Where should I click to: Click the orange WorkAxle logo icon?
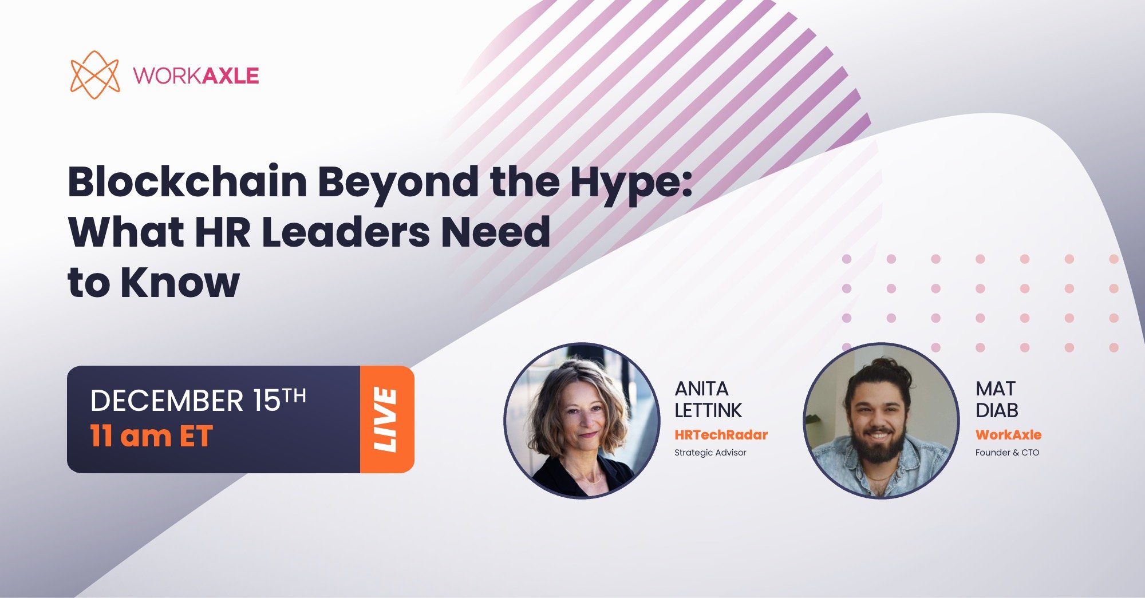pyautogui.click(x=94, y=75)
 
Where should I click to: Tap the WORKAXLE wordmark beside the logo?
pyautogui.click(x=196, y=76)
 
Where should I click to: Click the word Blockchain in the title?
pyautogui.click(x=188, y=182)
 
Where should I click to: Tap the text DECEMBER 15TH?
pyautogui.click(x=198, y=400)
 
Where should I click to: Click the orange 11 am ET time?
pyautogui.click(x=152, y=436)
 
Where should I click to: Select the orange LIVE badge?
pyautogui.click(x=386, y=419)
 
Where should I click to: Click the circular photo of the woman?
pyautogui.click(x=582, y=421)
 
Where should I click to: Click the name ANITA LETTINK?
pyautogui.click(x=708, y=399)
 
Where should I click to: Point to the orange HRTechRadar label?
pyautogui.click(x=721, y=435)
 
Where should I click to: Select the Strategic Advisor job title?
pyautogui.click(x=710, y=453)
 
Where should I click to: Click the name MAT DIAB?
pyautogui.click(x=997, y=399)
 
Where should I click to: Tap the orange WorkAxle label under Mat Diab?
pyautogui.click(x=1008, y=435)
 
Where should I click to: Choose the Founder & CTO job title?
pyautogui.click(x=1007, y=453)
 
